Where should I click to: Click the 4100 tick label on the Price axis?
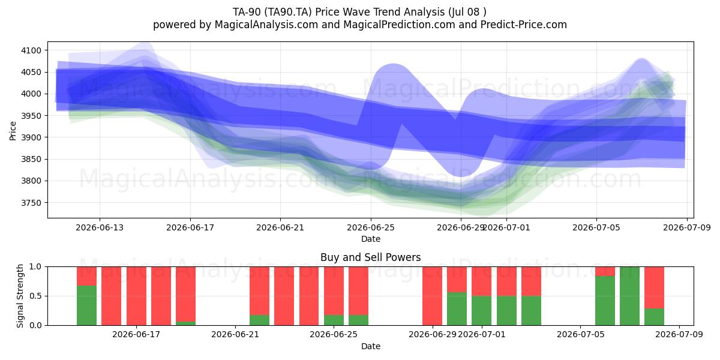(31, 50)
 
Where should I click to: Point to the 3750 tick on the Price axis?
(31, 203)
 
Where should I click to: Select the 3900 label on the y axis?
(31, 137)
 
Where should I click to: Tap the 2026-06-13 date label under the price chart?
(100, 227)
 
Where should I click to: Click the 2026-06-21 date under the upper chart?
(280, 227)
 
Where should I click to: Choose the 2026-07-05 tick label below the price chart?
(596, 227)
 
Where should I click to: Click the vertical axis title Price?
(13, 131)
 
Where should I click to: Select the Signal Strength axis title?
(20, 296)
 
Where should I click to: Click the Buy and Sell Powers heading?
(371, 257)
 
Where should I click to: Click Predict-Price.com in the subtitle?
(524, 25)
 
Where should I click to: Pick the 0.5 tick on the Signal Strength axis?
(35, 296)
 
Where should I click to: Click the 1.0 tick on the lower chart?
(35, 267)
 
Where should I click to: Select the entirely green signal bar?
(629, 296)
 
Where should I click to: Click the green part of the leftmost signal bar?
(86, 305)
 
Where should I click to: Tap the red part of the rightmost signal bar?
(655, 287)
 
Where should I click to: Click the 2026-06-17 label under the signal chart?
(136, 335)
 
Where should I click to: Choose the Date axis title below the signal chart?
(371, 346)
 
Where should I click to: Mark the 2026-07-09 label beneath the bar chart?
(679, 335)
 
